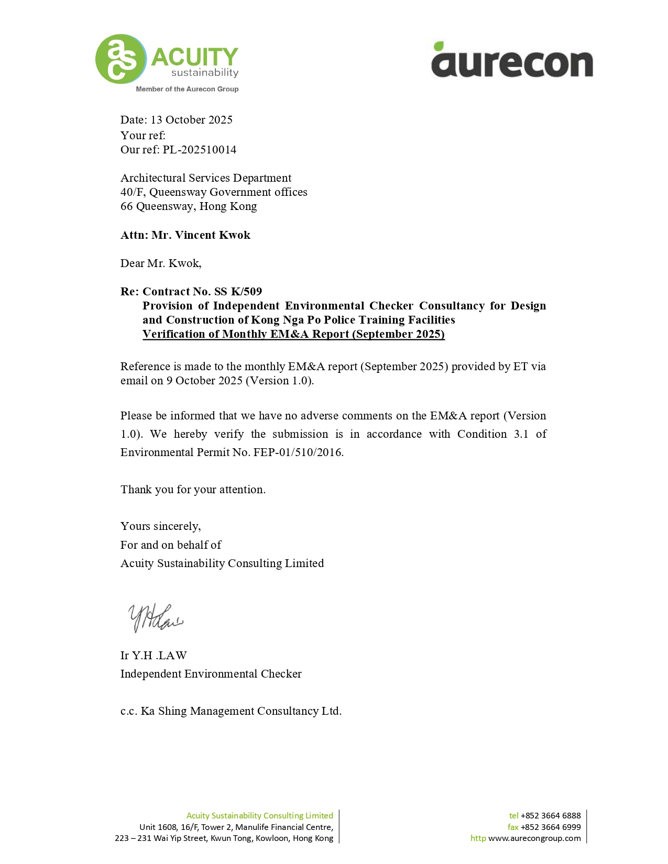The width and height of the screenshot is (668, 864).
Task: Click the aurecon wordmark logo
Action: (512, 63)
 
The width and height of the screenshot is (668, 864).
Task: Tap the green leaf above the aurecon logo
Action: (439, 46)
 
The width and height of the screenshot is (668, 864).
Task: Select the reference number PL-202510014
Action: (199, 150)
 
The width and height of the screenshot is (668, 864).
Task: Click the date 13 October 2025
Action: (191, 120)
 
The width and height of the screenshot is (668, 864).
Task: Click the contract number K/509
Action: (246, 292)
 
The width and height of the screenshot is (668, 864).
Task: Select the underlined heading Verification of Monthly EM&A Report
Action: (293, 334)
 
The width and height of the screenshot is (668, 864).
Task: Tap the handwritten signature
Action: (155, 618)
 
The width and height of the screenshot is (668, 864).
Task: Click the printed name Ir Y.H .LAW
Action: (154, 656)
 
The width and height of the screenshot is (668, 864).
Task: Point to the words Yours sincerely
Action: (160, 526)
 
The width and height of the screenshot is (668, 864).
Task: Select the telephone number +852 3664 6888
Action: (550, 816)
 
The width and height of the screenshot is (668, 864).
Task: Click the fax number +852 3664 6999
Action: (550, 827)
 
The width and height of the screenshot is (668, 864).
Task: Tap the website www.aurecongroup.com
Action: (534, 838)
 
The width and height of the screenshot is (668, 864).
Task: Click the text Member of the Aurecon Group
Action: (187, 89)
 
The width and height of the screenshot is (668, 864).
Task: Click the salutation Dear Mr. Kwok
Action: (161, 263)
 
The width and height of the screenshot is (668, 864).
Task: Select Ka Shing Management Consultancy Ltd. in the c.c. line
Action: (241, 711)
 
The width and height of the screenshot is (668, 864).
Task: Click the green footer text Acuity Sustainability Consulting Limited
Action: (259, 816)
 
